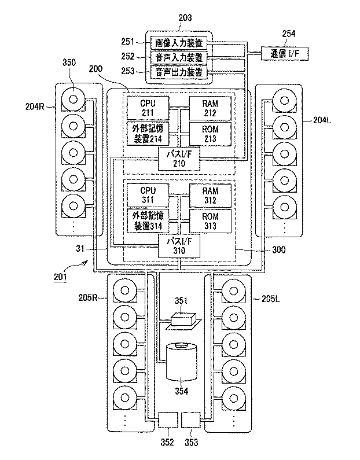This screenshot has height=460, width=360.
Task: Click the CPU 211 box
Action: [x=148, y=108]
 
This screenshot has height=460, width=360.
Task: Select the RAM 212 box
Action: [x=211, y=108]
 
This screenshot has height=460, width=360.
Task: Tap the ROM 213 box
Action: [x=211, y=134]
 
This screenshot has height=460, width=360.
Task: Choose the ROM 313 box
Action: [x=211, y=221]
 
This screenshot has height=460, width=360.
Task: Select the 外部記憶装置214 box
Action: [x=148, y=134]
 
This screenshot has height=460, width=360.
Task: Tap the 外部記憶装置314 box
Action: [x=148, y=221]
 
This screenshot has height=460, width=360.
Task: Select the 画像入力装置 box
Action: [x=179, y=43]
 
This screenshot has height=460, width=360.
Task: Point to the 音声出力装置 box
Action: [x=179, y=72]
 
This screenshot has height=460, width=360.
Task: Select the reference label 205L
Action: [x=268, y=299]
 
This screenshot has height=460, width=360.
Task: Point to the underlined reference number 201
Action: [x=61, y=276]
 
